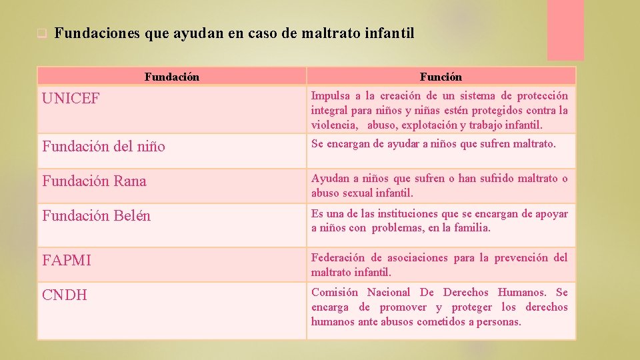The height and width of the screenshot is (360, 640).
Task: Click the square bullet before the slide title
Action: [x=41, y=33]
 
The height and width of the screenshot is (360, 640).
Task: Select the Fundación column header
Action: [x=171, y=77]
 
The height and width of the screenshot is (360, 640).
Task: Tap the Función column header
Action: [x=441, y=77]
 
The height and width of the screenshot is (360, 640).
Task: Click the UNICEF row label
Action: [x=71, y=99]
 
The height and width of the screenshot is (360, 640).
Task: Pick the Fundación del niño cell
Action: [x=103, y=146]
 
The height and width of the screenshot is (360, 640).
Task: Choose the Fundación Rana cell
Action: [x=94, y=181]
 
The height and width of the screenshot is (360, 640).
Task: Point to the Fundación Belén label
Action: [x=96, y=215]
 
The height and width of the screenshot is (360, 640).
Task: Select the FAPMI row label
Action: [x=67, y=260]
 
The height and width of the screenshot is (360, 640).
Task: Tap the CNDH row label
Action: [x=64, y=295]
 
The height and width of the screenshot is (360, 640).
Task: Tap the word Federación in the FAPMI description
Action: [x=338, y=257]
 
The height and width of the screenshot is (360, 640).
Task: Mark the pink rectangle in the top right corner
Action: [x=565, y=30]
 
